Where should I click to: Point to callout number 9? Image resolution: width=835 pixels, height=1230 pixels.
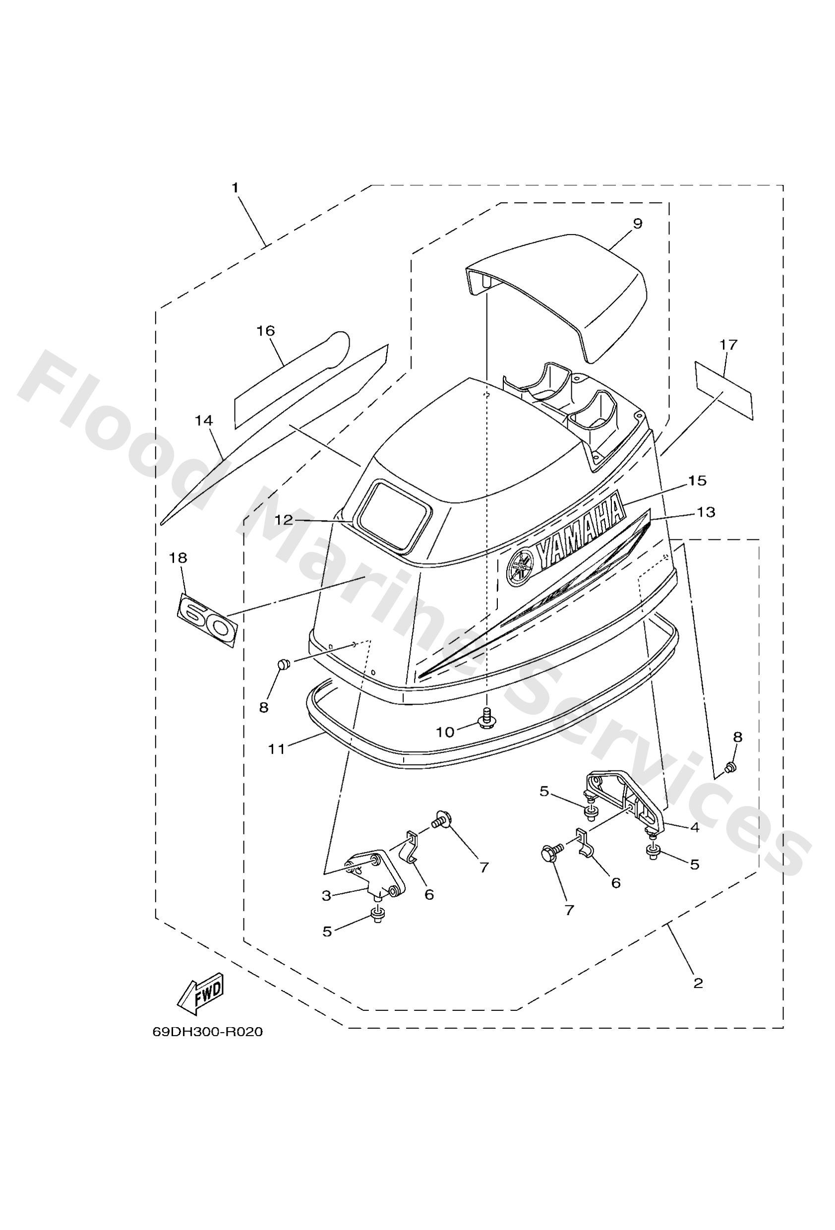[637, 224]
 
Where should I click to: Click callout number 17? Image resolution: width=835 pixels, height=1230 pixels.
[728, 345]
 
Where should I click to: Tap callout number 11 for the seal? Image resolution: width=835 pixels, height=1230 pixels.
[276, 749]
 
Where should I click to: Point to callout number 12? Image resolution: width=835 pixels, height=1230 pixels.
[283, 520]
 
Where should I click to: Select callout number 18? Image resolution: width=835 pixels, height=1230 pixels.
[178, 558]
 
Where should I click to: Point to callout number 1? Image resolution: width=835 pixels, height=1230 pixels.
[235, 188]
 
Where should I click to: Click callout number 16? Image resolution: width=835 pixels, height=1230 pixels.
[266, 331]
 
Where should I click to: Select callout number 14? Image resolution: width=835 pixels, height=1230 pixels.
[204, 421]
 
